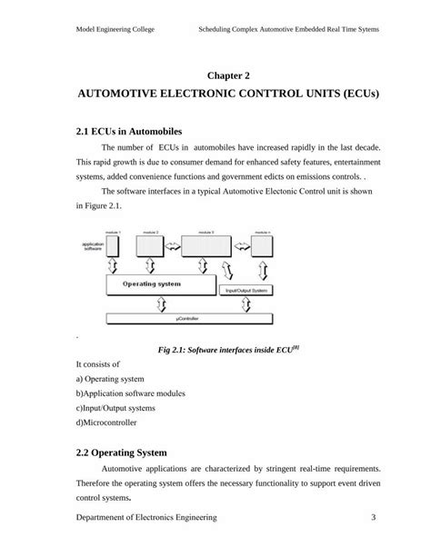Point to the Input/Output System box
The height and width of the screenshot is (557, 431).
(x=246, y=291)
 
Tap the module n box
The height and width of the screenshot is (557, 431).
(x=264, y=245)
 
